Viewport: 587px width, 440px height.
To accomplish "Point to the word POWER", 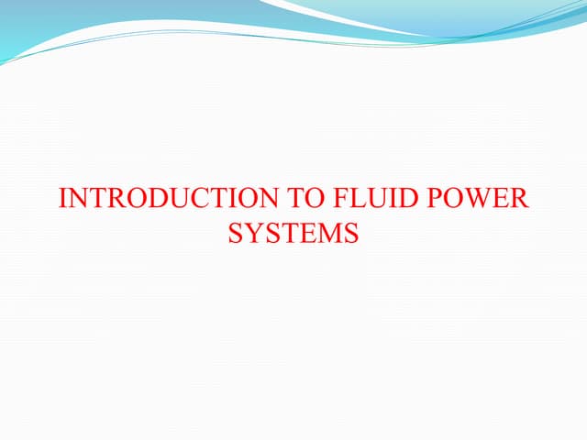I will pyautogui.click(x=479, y=199).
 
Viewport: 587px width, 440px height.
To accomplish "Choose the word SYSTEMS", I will pyautogui.click(x=293, y=234).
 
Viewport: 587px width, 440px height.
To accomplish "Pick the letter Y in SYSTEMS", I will pyautogui.click(x=252, y=234).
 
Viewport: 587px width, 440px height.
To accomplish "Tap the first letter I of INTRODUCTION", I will pyautogui.click(x=61, y=199).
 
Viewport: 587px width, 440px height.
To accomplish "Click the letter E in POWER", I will pyautogui.click(x=503, y=199).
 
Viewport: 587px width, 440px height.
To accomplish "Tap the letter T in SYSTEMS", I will pyautogui.click(x=286, y=234).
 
